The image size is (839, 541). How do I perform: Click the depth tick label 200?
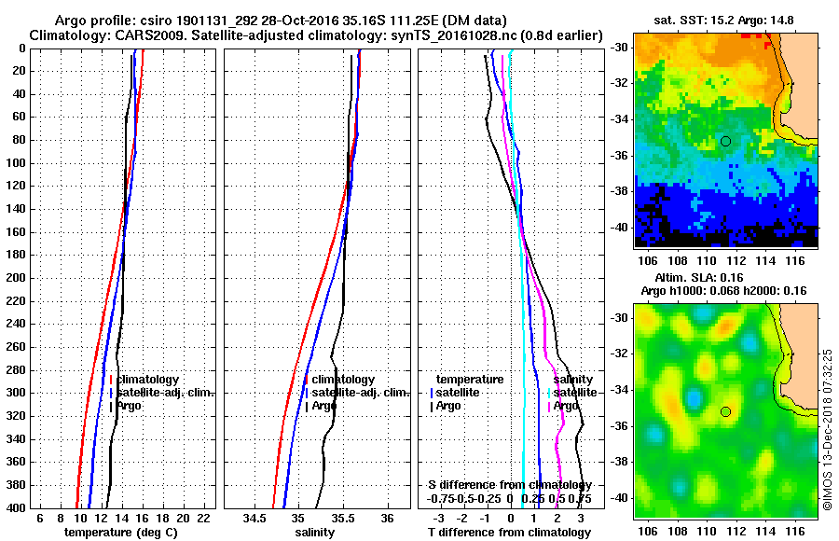pos(16,278)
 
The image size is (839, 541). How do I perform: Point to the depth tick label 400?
pos(16,507)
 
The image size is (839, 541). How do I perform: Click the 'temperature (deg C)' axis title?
pos(121,533)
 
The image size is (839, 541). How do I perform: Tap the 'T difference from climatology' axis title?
pos(509,533)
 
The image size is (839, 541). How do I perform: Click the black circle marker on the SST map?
pos(725,141)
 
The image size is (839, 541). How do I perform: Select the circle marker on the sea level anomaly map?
pos(725,411)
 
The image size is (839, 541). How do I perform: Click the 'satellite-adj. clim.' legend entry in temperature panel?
pos(168,393)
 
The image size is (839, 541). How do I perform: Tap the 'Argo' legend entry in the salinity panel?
pos(324,406)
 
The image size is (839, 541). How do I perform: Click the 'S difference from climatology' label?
pos(507,485)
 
